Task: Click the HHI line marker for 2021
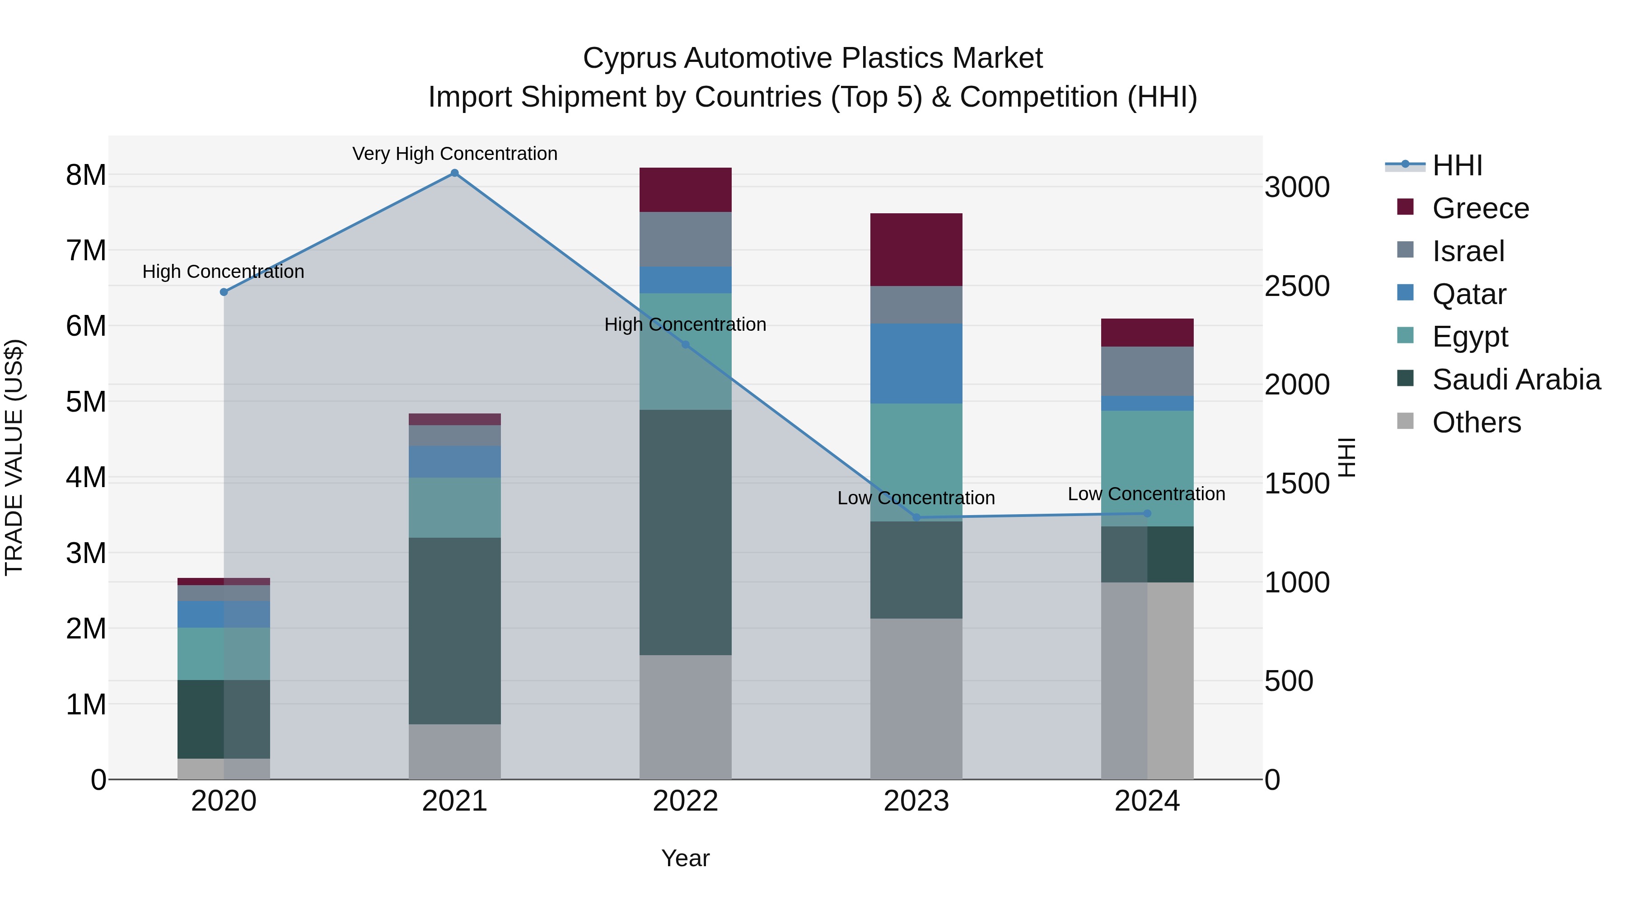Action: tap(454, 173)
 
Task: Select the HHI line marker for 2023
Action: tap(916, 517)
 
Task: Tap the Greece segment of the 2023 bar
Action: tap(916, 249)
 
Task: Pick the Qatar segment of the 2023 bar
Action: tap(916, 363)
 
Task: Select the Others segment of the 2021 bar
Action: tap(454, 751)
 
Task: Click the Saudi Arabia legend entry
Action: tap(1515, 380)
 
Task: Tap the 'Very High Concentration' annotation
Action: tap(454, 154)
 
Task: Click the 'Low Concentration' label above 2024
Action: tap(1146, 494)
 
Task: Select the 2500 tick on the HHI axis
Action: tap(1296, 286)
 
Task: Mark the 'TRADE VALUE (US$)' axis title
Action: tap(14, 457)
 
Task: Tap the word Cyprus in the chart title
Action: tap(629, 58)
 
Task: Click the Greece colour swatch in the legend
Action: tap(1405, 207)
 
